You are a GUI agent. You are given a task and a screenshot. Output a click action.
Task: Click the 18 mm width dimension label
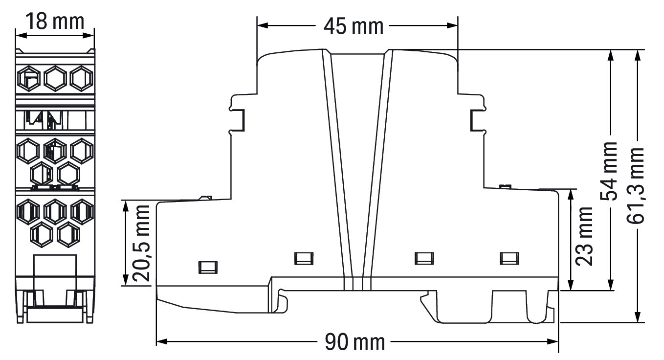[x=55, y=22]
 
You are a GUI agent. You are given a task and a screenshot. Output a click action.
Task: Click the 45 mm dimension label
[x=354, y=26]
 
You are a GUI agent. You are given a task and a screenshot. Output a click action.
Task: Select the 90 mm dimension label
[x=355, y=342]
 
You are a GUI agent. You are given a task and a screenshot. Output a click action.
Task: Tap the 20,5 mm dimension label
[x=141, y=243]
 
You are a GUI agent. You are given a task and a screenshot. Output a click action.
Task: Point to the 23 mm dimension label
[x=584, y=236]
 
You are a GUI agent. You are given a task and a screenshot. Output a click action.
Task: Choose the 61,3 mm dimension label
[x=636, y=185]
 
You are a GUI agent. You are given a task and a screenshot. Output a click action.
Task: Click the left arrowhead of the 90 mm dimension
[x=162, y=341]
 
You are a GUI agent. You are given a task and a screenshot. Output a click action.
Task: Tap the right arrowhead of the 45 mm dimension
[x=453, y=26]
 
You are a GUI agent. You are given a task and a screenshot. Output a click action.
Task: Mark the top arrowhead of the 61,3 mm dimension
[x=637, y=55]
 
